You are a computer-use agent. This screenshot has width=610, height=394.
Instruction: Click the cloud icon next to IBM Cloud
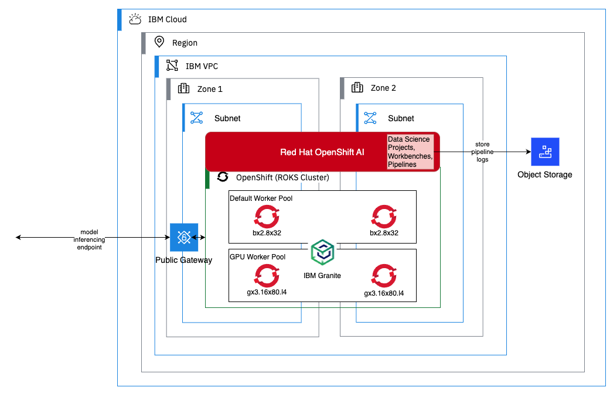click(x=135, y=19)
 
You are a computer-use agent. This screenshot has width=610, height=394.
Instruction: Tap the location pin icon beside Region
click(x=158, y=42)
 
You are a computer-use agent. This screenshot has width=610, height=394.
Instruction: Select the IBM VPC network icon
click(x=172, y=66)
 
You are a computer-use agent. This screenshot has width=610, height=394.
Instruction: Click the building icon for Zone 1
click(x=183, y=88)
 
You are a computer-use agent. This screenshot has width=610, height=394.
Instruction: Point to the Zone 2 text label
click(x=383, y=88)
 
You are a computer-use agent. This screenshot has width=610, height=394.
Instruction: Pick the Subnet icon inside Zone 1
click(x=196, y=118)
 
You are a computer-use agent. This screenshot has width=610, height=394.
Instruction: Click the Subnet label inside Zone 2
click(x=401, y=118)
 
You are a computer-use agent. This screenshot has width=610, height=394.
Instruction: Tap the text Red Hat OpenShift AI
click(x=322, y=152)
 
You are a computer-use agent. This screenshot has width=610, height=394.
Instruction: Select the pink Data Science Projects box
click(x=410, y=152)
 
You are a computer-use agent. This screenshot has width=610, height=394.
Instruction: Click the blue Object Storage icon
click(x=544, y=152)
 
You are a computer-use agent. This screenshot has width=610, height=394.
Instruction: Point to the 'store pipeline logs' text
click(x=482, y=152)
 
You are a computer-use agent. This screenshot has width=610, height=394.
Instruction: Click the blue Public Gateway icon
click(x=184, y=237)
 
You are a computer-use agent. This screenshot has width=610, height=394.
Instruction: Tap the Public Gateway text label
click(x=183, y=260)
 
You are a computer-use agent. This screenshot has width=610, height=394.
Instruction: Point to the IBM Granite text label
click(x=322, y=275)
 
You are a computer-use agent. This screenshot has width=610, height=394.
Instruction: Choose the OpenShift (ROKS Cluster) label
click(x=282, y=177)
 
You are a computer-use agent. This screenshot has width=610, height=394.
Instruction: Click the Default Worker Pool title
click(x=261, y=198)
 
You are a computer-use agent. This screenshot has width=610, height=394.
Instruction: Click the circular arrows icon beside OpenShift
click(x=223, y=177)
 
